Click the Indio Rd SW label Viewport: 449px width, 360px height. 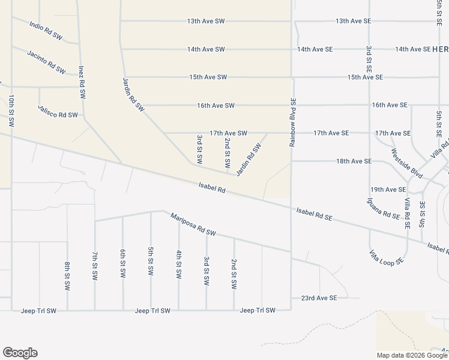coord(46,31)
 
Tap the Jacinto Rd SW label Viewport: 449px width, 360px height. coord(46,62)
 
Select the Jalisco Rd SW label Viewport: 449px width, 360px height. coord(58,111)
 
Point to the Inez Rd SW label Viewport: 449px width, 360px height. coord(80,82)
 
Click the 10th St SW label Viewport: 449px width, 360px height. coord(11,110)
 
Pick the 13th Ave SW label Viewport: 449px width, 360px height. coord(206,21)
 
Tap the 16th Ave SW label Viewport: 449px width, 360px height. coord(215,106)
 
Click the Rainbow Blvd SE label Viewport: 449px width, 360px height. coord(293,122)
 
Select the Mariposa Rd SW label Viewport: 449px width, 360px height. coord(193,224)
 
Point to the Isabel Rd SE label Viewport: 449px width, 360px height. coord(315,215)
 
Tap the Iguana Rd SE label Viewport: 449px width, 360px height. coord(384,209)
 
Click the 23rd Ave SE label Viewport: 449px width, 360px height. coord(319,298)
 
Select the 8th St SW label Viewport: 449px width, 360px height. coord(67,275)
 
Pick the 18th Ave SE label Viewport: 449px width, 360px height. coord(354,161)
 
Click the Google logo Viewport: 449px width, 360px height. coord(20,353)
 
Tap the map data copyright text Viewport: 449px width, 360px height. coord(412,355)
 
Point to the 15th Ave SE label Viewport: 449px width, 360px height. coord(366,77)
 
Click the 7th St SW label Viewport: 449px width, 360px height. coord(95,266)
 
